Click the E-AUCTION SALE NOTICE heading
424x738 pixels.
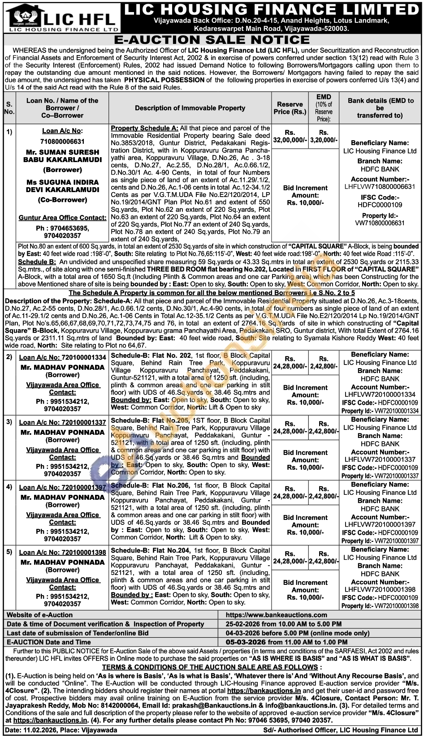pos(212,40)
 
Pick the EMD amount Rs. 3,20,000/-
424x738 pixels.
pos(324,136)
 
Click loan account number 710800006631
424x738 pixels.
pos(62,142)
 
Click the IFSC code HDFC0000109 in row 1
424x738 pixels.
pos(380,205)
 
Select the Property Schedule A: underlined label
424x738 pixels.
pos(144,128)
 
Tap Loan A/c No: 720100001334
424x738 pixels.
pos(62,357)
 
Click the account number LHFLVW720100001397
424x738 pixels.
pos(380,524)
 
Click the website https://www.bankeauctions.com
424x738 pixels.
pos(277,615)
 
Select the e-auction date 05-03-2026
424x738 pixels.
pos(243,642)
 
